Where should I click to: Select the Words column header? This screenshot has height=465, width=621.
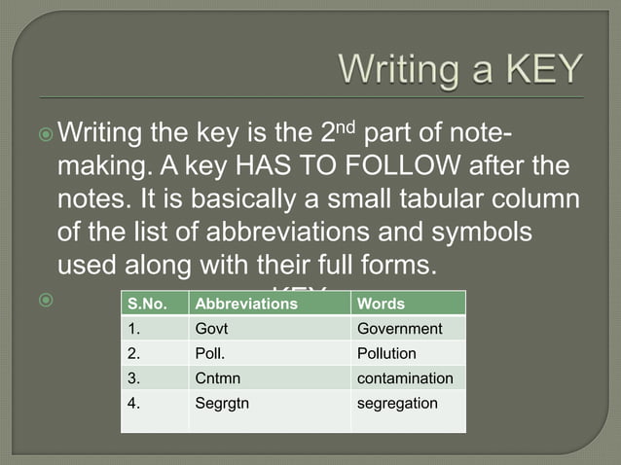click(x=382, y=304)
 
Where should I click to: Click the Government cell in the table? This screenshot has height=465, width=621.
click(x=400, y=329)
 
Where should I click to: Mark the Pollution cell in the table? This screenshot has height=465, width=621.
click(x=386, y=353)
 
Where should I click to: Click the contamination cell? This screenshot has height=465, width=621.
click(x=405, y=377)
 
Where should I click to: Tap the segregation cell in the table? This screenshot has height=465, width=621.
click(x=397, y=402)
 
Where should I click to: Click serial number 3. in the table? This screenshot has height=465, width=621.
click(x=134, y=377)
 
